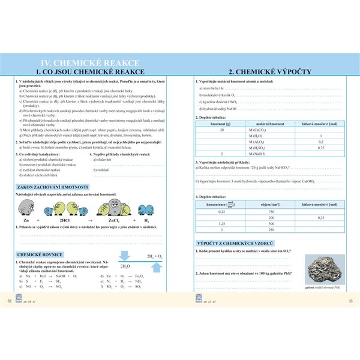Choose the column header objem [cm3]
pos(271,204)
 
